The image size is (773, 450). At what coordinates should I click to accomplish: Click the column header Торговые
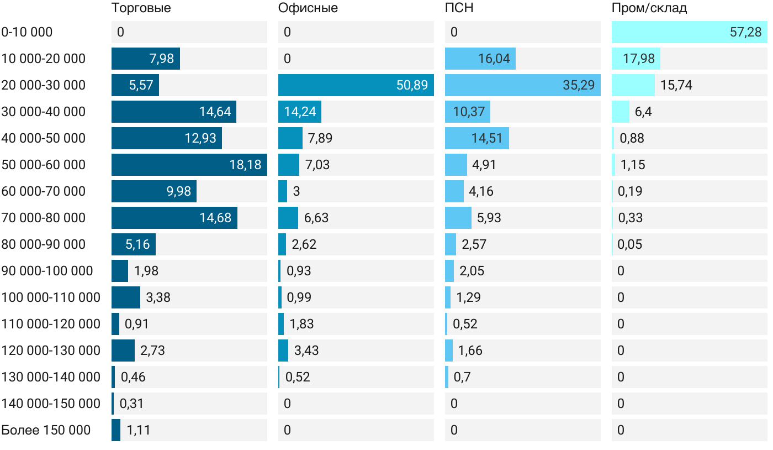click(141, 8)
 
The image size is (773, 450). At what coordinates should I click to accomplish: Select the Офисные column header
click(308, 8)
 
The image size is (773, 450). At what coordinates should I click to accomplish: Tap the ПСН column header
click(459, 8)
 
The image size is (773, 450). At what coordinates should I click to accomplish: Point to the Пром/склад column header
click(649, 8)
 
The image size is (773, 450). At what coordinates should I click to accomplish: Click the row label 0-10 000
click(27, 32)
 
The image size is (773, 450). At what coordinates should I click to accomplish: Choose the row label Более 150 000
click(46, 430)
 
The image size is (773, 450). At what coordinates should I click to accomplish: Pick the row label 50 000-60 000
click(44, 165)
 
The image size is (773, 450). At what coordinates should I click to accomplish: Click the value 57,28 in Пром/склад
click(745, 32)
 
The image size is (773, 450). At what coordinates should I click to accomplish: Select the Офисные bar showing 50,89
click(356, 85)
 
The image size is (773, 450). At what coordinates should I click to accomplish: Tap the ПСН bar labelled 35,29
click(522, 85)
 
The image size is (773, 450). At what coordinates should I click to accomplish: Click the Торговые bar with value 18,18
click(189, 165)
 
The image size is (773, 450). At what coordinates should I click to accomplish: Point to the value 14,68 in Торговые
click(215, 218)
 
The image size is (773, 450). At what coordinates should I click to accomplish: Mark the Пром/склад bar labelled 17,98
click(636, 59)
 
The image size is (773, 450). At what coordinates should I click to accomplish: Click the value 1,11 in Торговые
click(138, 430)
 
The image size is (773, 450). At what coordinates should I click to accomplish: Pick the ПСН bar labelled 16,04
click(480, 59)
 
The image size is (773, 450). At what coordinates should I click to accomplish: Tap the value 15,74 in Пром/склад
click(676, 85)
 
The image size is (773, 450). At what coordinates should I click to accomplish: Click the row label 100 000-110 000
click(51, 297)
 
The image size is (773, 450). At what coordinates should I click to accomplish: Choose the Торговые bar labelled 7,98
click(145, 59)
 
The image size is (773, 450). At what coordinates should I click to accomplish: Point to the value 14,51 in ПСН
click(487, 138)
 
